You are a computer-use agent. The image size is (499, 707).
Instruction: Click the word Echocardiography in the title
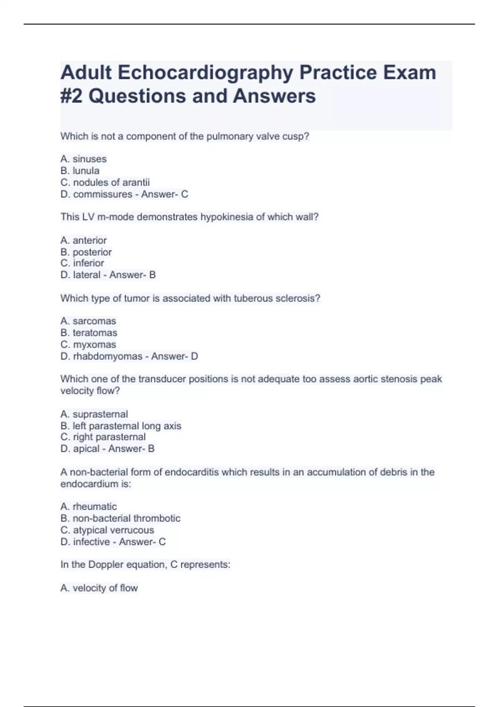(205, 73)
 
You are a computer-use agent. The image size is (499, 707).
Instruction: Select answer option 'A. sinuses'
(83, 159)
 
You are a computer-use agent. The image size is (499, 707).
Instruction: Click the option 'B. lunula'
(80, 171)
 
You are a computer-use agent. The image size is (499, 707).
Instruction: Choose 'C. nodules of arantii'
(105, 182)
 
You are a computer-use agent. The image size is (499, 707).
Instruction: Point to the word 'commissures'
(103, 194)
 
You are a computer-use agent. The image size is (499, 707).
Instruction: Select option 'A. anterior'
(83, 240)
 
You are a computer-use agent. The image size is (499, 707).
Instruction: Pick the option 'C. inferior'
(82, 263)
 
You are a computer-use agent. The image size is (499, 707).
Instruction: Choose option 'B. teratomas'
(89, 333)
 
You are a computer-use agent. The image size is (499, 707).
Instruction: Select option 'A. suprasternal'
(94, 414)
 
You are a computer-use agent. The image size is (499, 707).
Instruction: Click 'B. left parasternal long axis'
(121, 426)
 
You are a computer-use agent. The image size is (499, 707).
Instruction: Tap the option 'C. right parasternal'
(103, 437)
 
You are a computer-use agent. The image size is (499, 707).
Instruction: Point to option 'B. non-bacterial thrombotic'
(120, 518)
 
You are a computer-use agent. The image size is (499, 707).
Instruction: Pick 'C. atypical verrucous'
(107, 530)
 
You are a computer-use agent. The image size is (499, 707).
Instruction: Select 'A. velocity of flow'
(99, 588)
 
